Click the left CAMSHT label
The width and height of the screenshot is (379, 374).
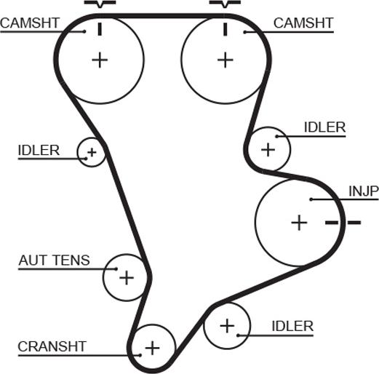pos(30,23)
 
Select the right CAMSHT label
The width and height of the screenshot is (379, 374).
pos(303,23)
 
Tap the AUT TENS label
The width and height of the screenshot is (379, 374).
pos(54,260)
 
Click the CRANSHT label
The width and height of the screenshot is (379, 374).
pos(52,346)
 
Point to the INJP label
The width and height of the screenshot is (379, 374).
pos(364,191)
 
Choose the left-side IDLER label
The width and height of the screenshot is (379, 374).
pos(39,151)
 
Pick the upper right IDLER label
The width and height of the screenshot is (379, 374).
pos(324,127)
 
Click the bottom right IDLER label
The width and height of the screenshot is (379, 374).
pos(292,326)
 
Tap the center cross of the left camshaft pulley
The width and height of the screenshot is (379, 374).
pos(100,60)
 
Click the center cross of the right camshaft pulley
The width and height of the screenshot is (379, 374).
pos(226,60)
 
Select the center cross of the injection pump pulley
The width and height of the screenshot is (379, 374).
pos(299,223)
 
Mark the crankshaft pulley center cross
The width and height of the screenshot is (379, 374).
pos(152,348)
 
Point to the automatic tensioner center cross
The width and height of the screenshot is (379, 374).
pos(127,277)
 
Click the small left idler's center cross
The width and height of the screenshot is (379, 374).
pos(92,152)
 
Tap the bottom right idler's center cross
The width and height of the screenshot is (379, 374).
pos(227,326)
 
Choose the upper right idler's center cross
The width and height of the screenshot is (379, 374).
pos(268,149)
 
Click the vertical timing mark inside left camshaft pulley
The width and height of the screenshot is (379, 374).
pos(100,29)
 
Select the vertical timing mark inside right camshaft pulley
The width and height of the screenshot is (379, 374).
pos(226,29)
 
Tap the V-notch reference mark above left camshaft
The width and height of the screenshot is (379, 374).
pos(100,4)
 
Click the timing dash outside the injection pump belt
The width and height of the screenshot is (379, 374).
pos(354,222)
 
